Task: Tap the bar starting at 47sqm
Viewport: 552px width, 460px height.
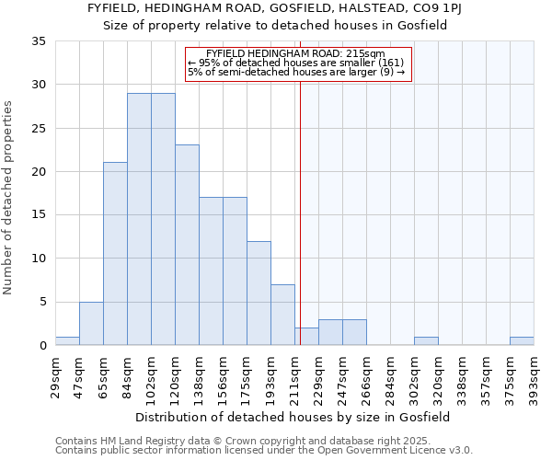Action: tap(91, 323)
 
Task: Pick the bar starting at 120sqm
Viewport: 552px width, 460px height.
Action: tap(187, 245)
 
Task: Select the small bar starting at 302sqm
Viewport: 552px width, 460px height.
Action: tap(426, 341)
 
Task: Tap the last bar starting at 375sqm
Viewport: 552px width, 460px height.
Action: tap(522, 341)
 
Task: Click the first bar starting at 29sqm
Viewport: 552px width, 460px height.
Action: tap(67, 341)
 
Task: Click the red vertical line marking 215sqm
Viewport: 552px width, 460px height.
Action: tap(300, 184)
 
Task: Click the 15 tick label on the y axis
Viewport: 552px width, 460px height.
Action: tap(39, 215)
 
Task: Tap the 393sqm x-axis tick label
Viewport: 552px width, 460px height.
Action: tap(535, 375)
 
